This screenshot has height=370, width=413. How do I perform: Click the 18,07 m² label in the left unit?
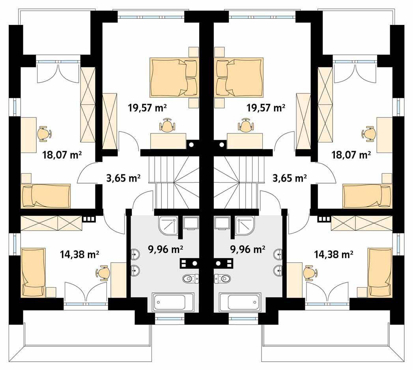(x=62, y=155)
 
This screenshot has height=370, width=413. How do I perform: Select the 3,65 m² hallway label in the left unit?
(x=123, y=178)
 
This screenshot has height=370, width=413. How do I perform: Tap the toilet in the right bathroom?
(x=222, y=279)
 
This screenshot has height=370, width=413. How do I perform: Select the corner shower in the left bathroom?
(x=168, y=225)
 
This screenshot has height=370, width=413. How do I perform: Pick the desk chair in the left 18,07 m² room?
(x=44, y=133)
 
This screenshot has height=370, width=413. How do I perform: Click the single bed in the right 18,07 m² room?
(x=368, y=195)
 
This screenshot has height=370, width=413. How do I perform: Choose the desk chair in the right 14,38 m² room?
(x=309, y=273)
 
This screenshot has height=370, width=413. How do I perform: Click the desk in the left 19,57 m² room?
(x=168, y=140)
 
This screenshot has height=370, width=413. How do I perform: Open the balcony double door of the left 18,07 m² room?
(x=58, y=73)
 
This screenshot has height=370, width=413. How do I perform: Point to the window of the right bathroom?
(x=241, y=318)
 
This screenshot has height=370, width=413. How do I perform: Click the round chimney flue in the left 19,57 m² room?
(x=191, y=145)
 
